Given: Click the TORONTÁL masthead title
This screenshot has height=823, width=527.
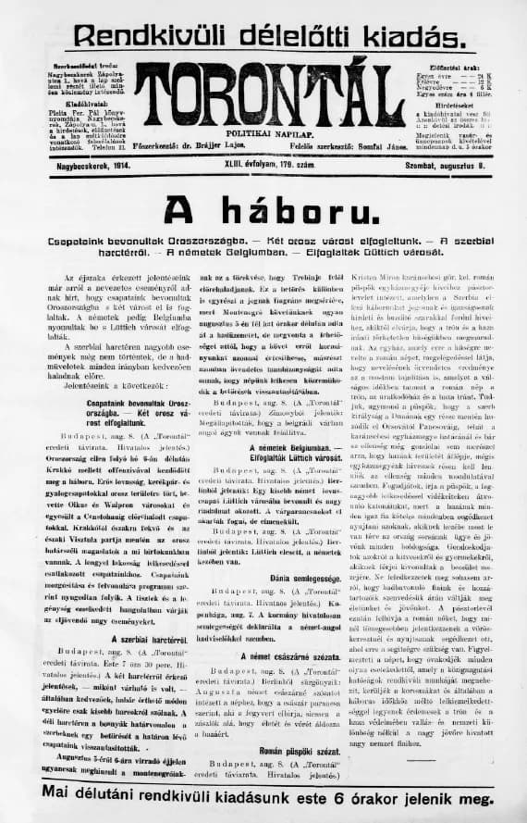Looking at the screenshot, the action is click(x=265, y=94).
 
